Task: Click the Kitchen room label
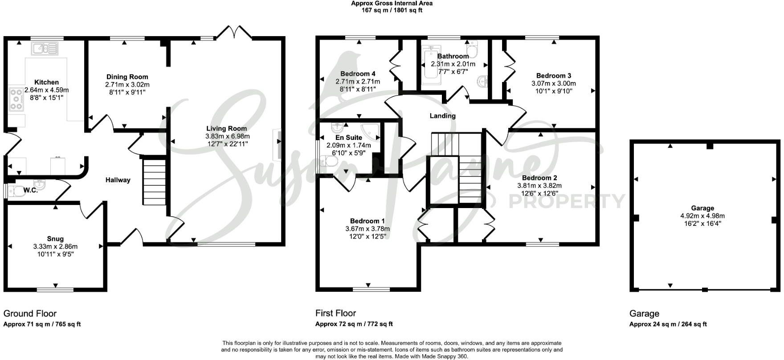pos(46,82)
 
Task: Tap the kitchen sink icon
pos(45,48)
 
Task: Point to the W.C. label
pos(30,190)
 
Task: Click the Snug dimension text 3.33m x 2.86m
pos(55,246)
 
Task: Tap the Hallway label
pos(118,180)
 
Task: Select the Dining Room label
pos(127,77)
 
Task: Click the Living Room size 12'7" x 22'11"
pos(227,144)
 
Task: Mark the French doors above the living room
pos(236,33)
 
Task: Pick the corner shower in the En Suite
pos(371,130)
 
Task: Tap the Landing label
pos(442,116)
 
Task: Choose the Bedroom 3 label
pos(553,76)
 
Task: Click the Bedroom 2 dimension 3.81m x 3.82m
pos(539,186)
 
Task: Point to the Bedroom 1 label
pos(367,221)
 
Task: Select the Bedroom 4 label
pos(358,74)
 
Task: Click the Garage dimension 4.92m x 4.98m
pos(702,216)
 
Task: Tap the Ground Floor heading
pos(30,314)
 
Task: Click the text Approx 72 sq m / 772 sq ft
pos(354,324)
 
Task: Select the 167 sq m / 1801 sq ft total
pos(392,10)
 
